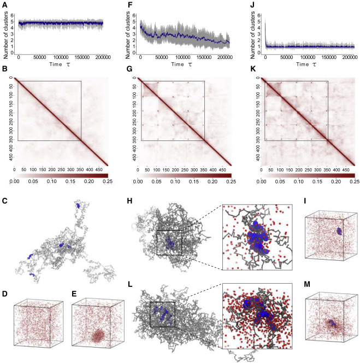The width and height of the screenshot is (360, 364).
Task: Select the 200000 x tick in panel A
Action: [102, 57]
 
